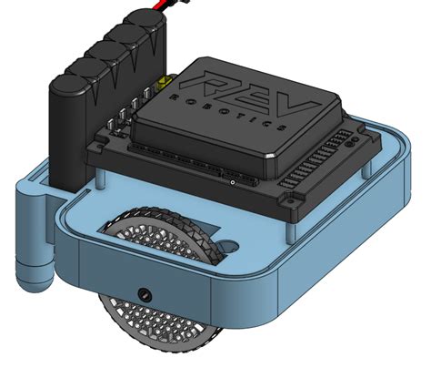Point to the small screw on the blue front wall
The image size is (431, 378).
coord(144,293)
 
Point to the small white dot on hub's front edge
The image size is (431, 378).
coord(233,182)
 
